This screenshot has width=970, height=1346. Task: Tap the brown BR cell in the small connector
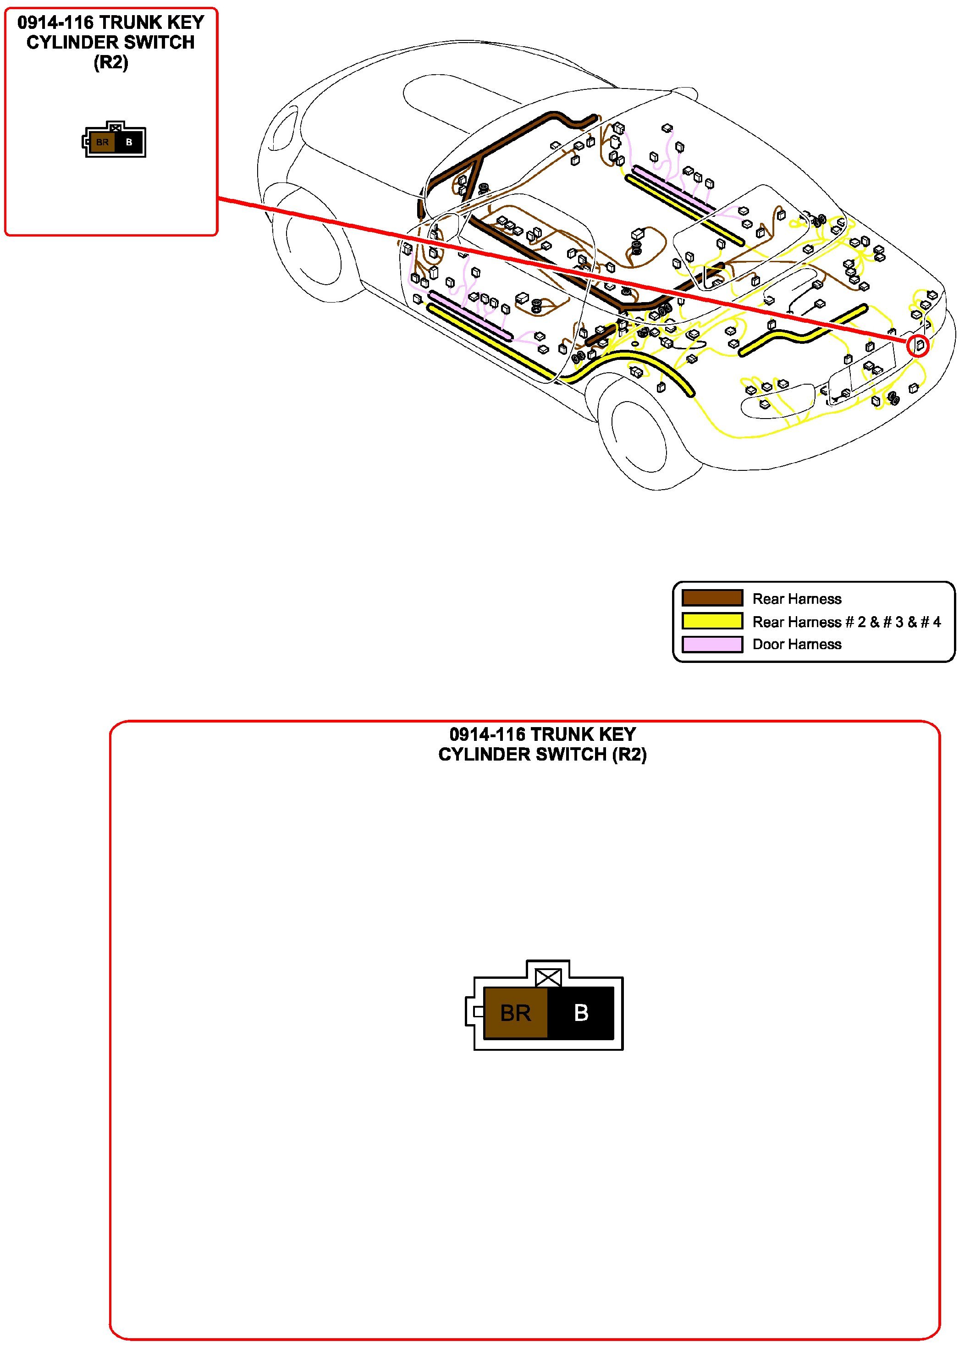click(102, 143)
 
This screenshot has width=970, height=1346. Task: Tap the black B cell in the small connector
click(129, 143)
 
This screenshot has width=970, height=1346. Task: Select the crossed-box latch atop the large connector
click(548, 977)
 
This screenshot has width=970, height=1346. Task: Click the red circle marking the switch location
click(917, 346)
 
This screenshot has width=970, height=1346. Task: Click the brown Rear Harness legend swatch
click(712, 598)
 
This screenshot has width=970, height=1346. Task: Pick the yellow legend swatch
click(712, 621)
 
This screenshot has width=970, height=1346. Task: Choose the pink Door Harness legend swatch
click(712, 645)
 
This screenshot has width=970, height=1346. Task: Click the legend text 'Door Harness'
click(796, 645)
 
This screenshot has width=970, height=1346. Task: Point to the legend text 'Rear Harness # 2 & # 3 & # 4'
click(846, 622)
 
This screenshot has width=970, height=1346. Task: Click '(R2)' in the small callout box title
click(111, 62)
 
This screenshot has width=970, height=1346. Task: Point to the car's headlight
click(286, 127)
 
